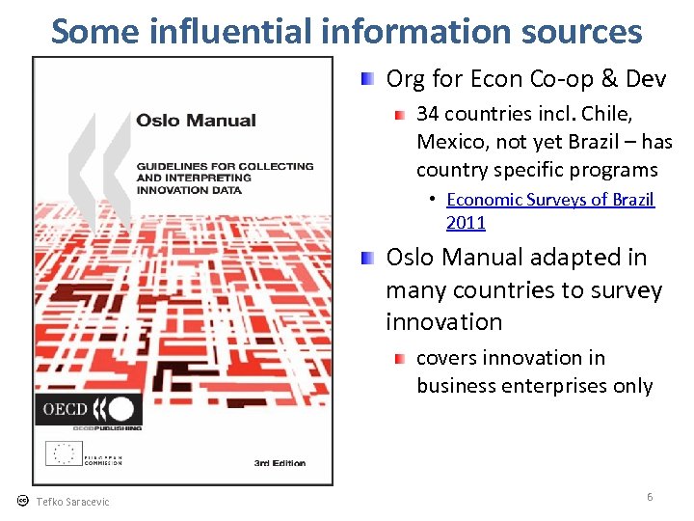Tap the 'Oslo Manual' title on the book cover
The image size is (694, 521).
(x=196, y=121)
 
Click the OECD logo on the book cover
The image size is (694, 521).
(x=88, y=408)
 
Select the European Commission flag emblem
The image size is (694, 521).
(x=66, y=453)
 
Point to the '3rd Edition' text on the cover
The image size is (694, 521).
(x=280, y=463)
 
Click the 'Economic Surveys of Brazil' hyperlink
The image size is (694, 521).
(x=550, y=200)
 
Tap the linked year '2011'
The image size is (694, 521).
(x=466, y=223)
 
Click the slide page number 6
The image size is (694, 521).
(x=650, y=497)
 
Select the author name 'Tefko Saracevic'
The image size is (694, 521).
(x=72, y=502)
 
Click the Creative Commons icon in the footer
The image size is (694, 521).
(x=22, y=501)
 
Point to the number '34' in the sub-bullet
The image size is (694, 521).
(x=427, y=115)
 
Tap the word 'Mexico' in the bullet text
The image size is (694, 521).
(x=444, y=142)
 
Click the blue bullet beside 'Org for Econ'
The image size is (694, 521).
(x=368, y=78)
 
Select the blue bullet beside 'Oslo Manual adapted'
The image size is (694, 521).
(x=368, y=258)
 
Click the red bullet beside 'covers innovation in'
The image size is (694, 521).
(x=399, y=359)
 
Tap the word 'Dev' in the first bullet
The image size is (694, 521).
(x=645, y=77)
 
